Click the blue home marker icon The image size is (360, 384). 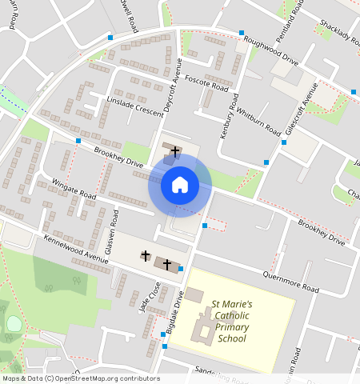pyautogui.click(x=180, y=186)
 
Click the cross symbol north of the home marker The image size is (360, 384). pyautogui.click(x=174, y=150)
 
